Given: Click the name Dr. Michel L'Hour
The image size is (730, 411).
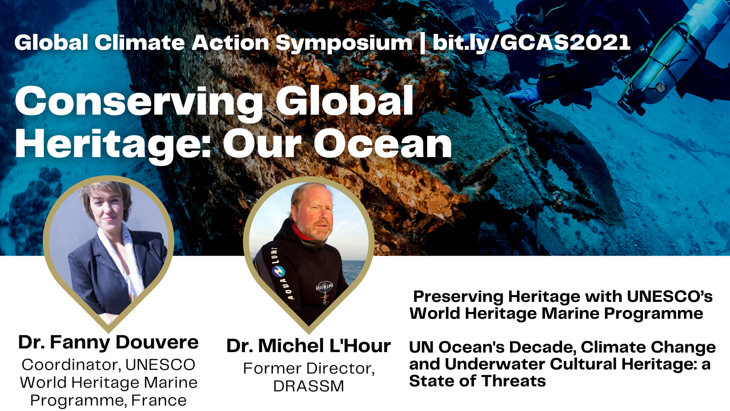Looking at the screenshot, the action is pyautogui.click(x=308, y=346).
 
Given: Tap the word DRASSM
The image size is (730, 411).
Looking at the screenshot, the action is pyautogui.click(x=308, y=386).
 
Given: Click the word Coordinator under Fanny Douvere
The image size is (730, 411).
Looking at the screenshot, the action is pyautogui.click(x=71, y=365).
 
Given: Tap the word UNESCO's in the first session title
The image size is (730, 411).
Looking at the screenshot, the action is pyautogui.click(x=670, y=296).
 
